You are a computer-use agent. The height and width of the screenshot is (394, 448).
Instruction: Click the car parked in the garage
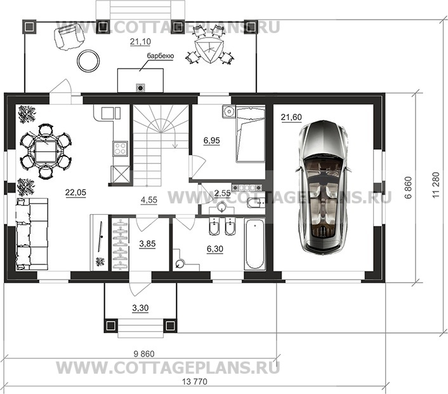coord(323,187)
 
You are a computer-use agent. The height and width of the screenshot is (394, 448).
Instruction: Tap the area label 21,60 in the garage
coord(291,118)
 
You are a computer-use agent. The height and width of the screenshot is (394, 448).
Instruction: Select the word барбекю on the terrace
coord(161,56)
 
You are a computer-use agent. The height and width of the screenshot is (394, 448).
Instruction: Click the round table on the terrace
coord(89,60)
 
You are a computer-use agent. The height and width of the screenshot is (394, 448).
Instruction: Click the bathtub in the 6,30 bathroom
coord(254,244)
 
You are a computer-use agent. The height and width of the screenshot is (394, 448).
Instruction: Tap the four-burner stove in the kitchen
coord(121,149)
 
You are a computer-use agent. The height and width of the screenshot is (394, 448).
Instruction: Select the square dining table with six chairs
coord(46,152)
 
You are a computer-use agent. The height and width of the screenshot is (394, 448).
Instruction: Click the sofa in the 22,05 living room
coord(32,234)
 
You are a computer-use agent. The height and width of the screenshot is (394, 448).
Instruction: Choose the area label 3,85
coord(147,244)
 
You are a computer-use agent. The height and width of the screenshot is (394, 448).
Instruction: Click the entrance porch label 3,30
coord(140,308)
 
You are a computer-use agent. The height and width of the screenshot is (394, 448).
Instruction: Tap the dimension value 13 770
coord(194,381)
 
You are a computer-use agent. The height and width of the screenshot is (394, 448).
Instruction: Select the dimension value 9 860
coord(144,354)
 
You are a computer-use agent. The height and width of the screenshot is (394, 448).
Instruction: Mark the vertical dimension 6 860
coord(409,187)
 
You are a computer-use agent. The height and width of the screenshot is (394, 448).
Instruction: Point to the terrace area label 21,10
coord(140,42)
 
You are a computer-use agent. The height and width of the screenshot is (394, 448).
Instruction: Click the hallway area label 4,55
coord(149,200)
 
